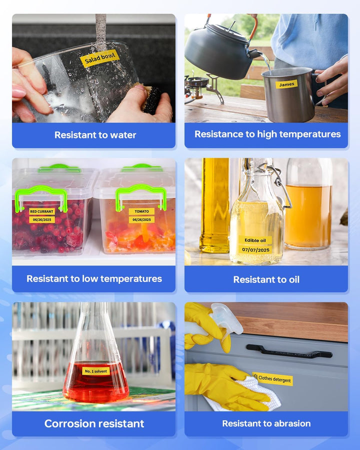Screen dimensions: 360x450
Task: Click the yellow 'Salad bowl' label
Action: pos(99,58)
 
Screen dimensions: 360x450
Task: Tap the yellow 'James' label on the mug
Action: pos(286,84)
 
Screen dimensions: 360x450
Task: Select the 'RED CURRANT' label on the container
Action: pos(42,211)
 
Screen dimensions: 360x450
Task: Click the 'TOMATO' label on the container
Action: pos(141,211)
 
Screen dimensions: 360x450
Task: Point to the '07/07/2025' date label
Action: pos(255,249)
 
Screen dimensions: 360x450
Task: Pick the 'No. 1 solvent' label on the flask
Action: pos(96,371)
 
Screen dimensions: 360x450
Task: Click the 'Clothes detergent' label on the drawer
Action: pos(272,379)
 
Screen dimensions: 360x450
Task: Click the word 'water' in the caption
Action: pos(123,135)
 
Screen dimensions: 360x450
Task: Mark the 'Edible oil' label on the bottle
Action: pos(255,240)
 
